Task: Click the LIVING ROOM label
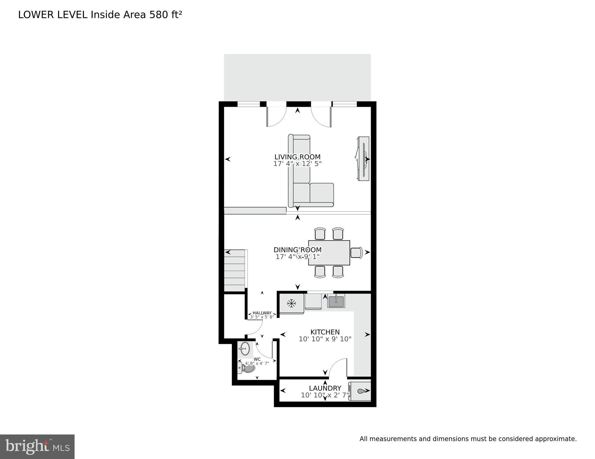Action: coord(297,157)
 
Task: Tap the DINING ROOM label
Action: coord(297,250)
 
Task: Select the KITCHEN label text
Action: coord(325,332)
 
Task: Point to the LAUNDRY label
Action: coord(325,388)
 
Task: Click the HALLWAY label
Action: coord(262,313)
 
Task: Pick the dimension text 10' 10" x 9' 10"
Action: coord(325,339)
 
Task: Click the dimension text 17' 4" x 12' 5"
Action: coord(297,164)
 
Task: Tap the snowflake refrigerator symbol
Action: coord(291,304)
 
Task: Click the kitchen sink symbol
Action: coord(336,301)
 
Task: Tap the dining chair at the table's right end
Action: coord(356,253)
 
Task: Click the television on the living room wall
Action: coord(363,158)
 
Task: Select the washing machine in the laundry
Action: coord(360,391)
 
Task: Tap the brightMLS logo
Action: coord(37,447)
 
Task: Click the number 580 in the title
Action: coord(159,15)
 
